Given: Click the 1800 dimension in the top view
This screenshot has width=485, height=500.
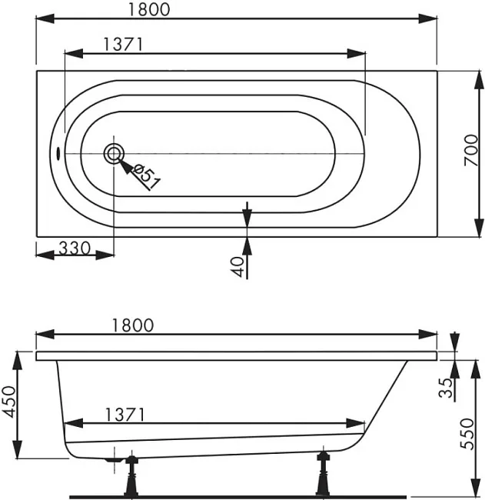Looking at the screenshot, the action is pos(149,9).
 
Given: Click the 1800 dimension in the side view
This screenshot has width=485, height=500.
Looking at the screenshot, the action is pos(133,325).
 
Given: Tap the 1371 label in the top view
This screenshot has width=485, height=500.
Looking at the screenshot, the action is pos(123,45).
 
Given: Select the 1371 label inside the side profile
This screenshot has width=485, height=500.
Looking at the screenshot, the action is pos(125,415).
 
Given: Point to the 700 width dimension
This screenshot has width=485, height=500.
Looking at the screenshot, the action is pos(471,150).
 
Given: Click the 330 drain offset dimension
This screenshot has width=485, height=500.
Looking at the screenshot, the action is pos(75,248).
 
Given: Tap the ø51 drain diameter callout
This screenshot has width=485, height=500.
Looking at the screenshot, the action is pos(146,177).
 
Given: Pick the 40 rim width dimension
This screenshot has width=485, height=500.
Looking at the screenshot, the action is pos(237,267).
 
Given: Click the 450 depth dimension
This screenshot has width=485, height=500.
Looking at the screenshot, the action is pos(8,402).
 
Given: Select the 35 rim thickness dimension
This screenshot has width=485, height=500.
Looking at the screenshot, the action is pos(446,388).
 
